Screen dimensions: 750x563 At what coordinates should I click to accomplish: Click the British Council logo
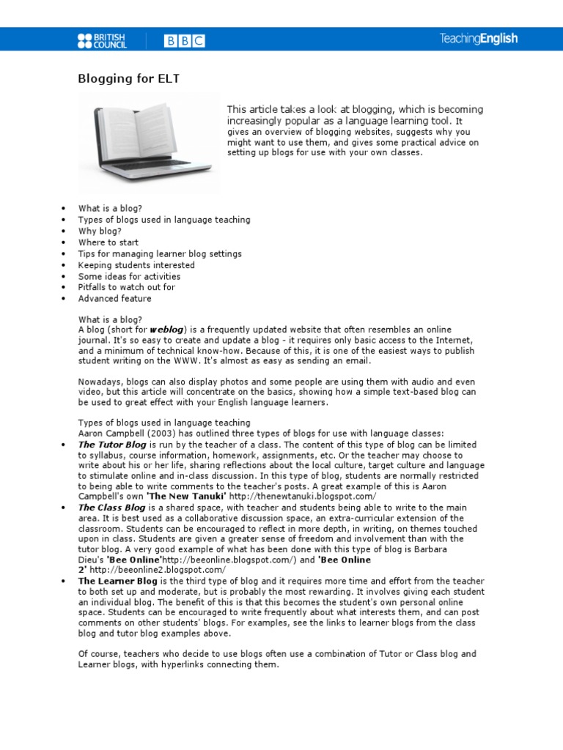[x=102, y=40]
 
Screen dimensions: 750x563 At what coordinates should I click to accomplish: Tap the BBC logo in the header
[x=184, y=41]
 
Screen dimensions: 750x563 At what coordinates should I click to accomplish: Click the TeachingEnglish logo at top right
[x=478, y=40]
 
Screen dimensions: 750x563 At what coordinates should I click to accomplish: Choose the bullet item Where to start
[x=108, y=242]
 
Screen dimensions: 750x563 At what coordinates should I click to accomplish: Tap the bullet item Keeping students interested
[x=136, y=265]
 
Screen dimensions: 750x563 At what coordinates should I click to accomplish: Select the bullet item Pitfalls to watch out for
[x=127, y=287]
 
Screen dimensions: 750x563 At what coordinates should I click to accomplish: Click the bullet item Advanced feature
[x=115, y=299]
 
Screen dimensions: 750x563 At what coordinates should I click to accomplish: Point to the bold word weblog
[x=169, y=330]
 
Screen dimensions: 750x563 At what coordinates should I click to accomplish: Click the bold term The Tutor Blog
[x=112, y=445]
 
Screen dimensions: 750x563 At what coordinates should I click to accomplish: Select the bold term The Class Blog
[x=111, y=507]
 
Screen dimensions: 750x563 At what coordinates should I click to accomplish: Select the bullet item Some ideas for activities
[x=129, y=277]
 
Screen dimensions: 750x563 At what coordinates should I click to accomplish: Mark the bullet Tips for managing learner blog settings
[x=160, y=254]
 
